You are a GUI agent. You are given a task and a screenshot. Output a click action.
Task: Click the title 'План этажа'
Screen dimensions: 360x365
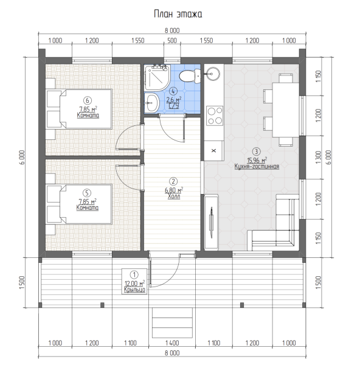[x=178, y=14]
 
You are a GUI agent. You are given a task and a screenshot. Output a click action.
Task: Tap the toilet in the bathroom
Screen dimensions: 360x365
[x=189, y=76]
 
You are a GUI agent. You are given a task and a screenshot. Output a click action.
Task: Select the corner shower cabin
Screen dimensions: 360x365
[x=156, y=77]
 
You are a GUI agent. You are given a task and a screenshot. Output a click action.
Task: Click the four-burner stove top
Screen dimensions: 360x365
[x=215, y=116]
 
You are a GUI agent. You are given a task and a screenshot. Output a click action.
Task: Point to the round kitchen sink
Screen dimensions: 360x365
[x=212, y=74]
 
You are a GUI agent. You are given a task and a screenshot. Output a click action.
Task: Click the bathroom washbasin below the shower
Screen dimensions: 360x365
[x=152, y=103]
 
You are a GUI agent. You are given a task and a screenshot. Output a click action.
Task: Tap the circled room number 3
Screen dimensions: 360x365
[x=256, y=151]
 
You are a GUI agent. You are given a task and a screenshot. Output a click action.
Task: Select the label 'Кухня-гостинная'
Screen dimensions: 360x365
[x=257, y=167]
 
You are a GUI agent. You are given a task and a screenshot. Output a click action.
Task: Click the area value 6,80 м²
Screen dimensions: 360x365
[x=174, y=190]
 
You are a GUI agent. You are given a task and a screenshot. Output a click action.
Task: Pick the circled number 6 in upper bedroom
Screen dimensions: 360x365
[x=88, y=100]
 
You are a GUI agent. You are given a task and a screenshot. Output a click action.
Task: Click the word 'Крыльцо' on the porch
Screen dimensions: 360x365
[x=134, y=290]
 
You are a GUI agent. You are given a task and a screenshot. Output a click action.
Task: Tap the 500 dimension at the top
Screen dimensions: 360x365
[x=172, y=41]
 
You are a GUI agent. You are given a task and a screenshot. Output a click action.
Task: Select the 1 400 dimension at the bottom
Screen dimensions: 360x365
[x=172, y=343]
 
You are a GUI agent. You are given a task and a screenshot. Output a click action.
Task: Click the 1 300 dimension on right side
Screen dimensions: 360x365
[x=318, y=158]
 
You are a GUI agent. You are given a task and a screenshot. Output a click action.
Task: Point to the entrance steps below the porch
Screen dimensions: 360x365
[x=172, y=322]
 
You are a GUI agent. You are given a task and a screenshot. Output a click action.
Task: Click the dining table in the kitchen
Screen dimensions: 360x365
[x=286, y=110]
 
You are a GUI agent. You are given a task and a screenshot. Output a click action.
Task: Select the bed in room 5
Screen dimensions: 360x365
[x=79, y=204]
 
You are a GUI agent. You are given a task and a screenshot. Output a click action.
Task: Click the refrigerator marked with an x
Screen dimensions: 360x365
[x=214, y=151]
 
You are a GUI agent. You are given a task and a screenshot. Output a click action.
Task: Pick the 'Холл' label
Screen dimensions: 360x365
[x=174, y=196]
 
